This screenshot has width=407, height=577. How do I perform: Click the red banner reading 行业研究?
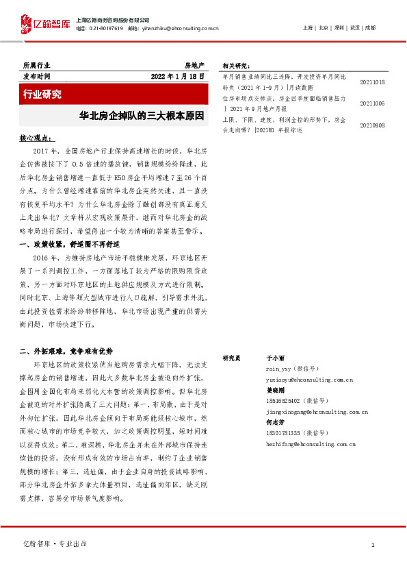43,94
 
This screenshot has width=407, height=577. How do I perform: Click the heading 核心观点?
37,139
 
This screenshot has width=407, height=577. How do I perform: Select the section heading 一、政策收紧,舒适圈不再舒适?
70,244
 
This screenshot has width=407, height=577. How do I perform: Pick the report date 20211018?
371,82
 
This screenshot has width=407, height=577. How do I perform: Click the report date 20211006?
371,103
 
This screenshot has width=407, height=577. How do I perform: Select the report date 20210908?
371,125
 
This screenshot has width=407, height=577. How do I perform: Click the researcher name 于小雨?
274,358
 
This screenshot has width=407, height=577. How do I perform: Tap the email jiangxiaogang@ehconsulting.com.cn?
317,413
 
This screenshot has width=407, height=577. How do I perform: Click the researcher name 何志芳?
274,423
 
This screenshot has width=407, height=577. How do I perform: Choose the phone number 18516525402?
285,401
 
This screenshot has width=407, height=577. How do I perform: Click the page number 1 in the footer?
373,545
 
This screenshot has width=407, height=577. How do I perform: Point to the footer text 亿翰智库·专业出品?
55,545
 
